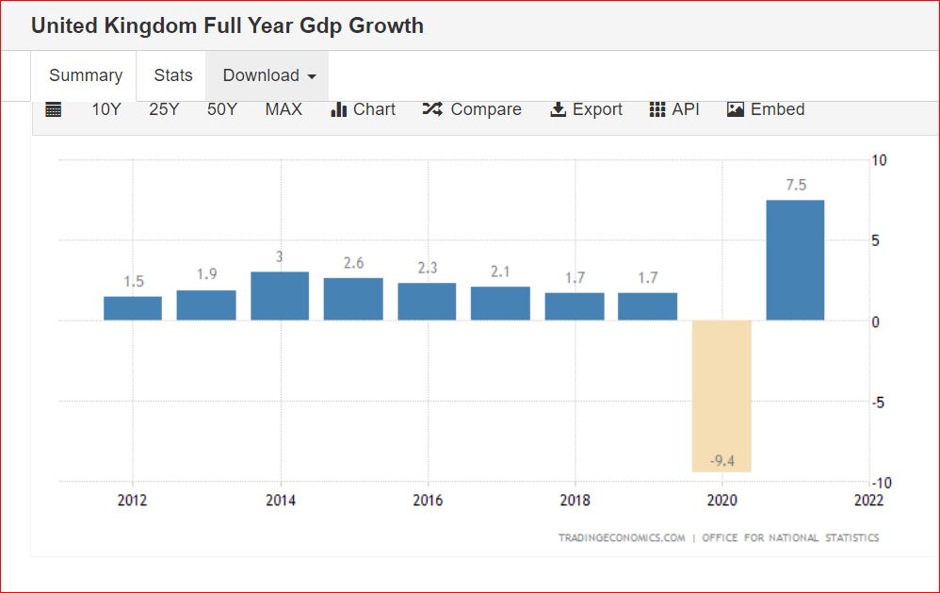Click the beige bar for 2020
pos(721,396)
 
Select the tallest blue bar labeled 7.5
pos(795,260)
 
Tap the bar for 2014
pos(280,296)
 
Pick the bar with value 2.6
pos(353,299)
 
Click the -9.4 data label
pos(721,460)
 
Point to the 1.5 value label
pos(133,282)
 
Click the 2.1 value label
pos(500,272)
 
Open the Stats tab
pos(173,75)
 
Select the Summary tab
pos(86,75)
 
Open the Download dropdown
pos(268,75)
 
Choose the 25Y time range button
pos(164,109)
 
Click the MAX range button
pos(284,109)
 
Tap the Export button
pos(586,109)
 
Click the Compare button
pos(473,109)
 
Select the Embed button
pos(766,109)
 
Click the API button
pos(674,109)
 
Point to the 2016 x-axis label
pos(428,501)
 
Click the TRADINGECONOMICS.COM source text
pos(621,538)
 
